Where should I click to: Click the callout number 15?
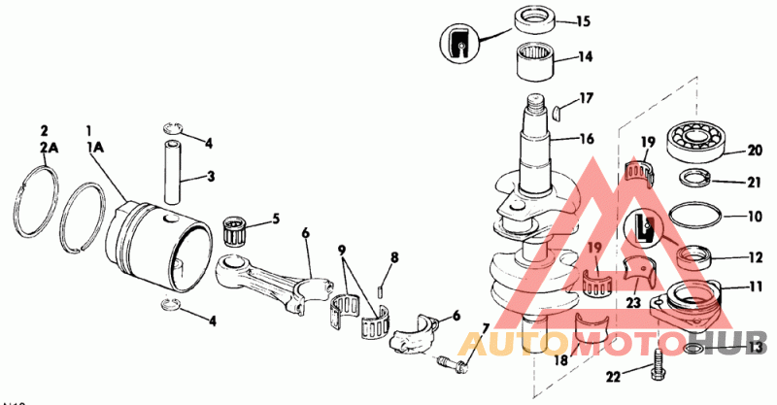point(584,20)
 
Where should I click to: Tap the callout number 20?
point(754,150)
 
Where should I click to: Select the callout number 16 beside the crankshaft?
point(586,139)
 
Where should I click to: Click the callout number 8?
point(394,257)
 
